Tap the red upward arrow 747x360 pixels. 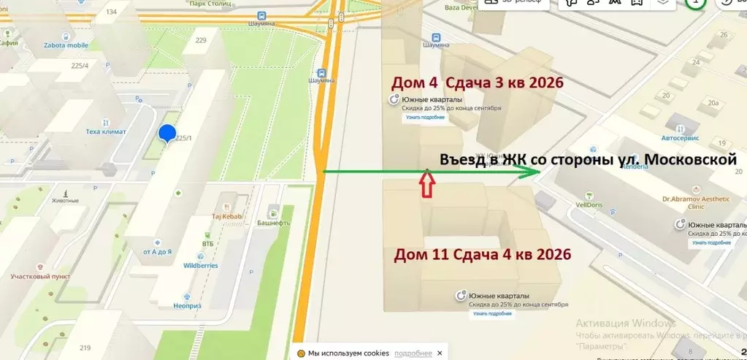[428, 185]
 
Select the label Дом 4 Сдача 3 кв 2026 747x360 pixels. [478, 83]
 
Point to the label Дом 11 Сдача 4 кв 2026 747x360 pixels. [483, 255]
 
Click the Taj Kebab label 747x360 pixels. [226, 216]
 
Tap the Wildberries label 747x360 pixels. [200, 265]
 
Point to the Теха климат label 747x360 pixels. [106, 131]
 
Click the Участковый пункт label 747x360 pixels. [40, 277]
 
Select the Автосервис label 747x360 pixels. [680, 137]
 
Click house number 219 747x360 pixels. [85, 348]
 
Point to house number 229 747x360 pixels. [201, 40]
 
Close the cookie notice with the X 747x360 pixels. [440, 353]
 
